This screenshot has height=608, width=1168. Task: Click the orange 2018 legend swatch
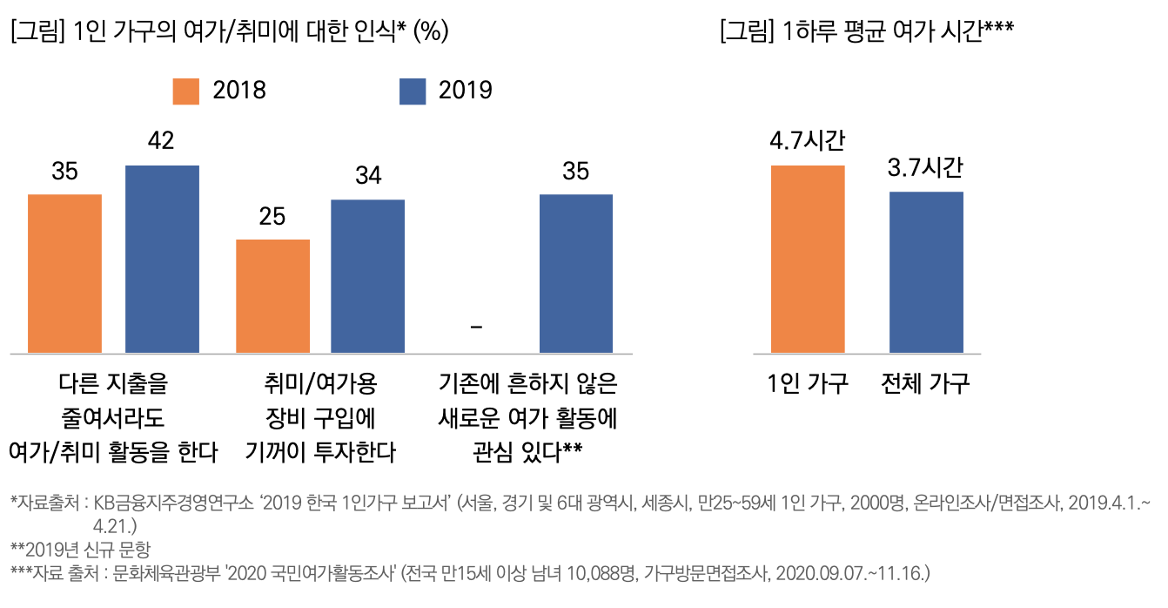[x=186, y=91]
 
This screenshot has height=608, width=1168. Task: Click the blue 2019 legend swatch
[x=413, y=91]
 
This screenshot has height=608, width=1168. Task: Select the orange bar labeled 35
[x=65, y=274]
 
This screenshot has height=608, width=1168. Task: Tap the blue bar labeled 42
[x=162, y=259]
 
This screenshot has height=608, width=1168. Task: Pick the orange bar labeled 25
[x=273, y=296]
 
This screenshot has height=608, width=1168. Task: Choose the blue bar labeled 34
[x=367, y=276]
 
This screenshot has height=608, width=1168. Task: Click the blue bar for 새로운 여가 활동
[x=576, y=274]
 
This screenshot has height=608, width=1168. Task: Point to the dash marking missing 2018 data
[x=476, y=327]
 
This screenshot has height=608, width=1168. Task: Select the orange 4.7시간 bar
[x=808, y=259]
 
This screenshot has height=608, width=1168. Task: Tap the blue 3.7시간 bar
[x=926, y=272]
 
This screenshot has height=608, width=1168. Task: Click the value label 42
[x=162, y=141]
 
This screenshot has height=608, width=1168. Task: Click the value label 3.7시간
[x=926, y=168]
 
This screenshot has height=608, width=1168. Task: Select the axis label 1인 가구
[x=808, y=384]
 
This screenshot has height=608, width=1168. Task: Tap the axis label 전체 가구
[x=926, y=384]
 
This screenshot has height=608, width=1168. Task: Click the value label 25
[x=272, y=216]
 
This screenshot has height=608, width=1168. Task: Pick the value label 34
[x=367, y=176]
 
